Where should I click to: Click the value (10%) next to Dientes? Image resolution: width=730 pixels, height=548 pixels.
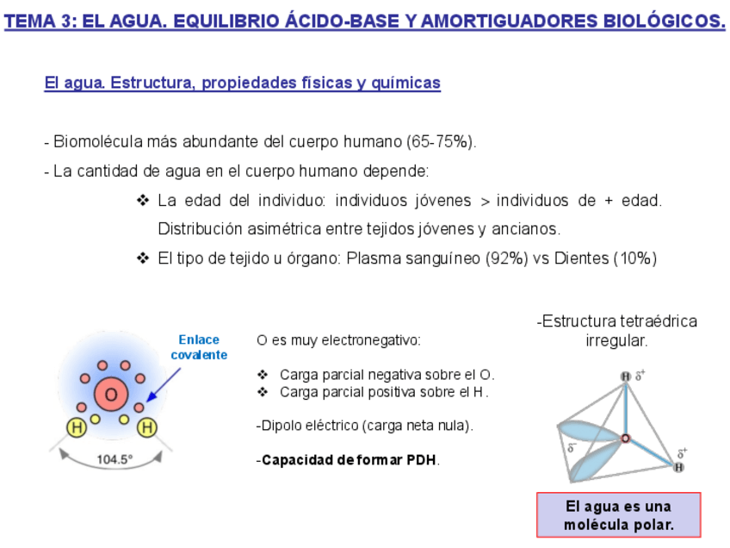tap(634, 258)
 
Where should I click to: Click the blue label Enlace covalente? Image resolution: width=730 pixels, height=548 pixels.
tap(199, 347)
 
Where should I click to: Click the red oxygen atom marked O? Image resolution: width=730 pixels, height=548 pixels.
tap(111, 396)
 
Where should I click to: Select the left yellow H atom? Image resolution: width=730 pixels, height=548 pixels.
tap(77, 427)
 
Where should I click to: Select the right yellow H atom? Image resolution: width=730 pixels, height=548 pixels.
tap(148, 427)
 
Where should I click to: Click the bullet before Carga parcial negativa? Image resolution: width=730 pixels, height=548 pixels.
tap(263, 375)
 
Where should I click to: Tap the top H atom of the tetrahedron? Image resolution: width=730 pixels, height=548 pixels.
tap(626, 376)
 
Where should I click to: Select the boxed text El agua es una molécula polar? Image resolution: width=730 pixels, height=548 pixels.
tap(618, 515)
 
